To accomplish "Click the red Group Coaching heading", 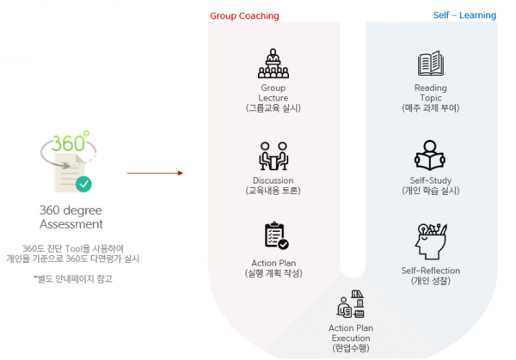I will tap(244, 15).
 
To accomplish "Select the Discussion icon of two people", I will tap(273, 156).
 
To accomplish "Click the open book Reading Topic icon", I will tap(430, 64).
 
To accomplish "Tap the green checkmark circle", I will tap(83, 183).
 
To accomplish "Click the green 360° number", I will tap(70, 142).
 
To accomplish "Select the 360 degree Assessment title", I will tap(71, 217).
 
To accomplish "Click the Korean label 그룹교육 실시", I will tap(273, 107).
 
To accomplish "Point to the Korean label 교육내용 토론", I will tap(273, 190).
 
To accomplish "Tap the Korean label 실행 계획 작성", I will tap(273, 272).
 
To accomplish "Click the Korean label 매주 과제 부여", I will tap(431, 107).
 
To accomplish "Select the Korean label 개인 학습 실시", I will tap(431, 190).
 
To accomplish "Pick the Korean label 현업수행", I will tap(351, 347).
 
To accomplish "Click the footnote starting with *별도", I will tap(73, 278).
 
